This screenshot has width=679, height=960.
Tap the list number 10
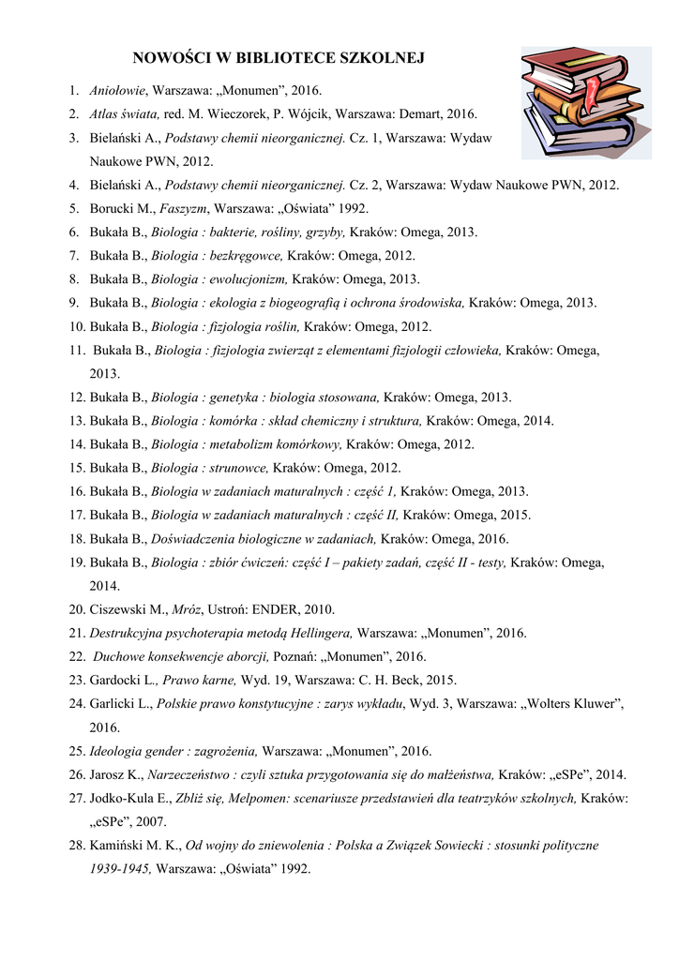pyautogui.click(x=76, y=326)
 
